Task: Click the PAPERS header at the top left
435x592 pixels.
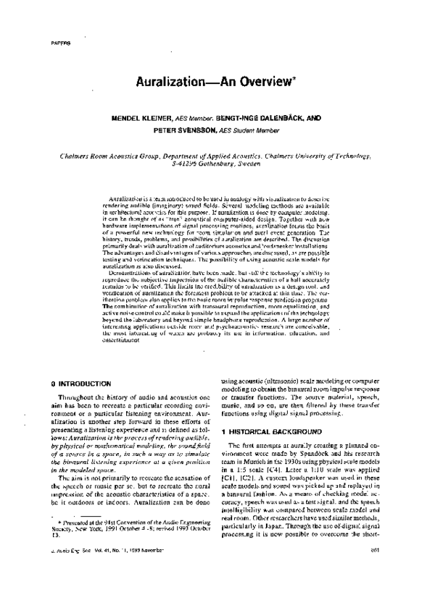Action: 41,45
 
